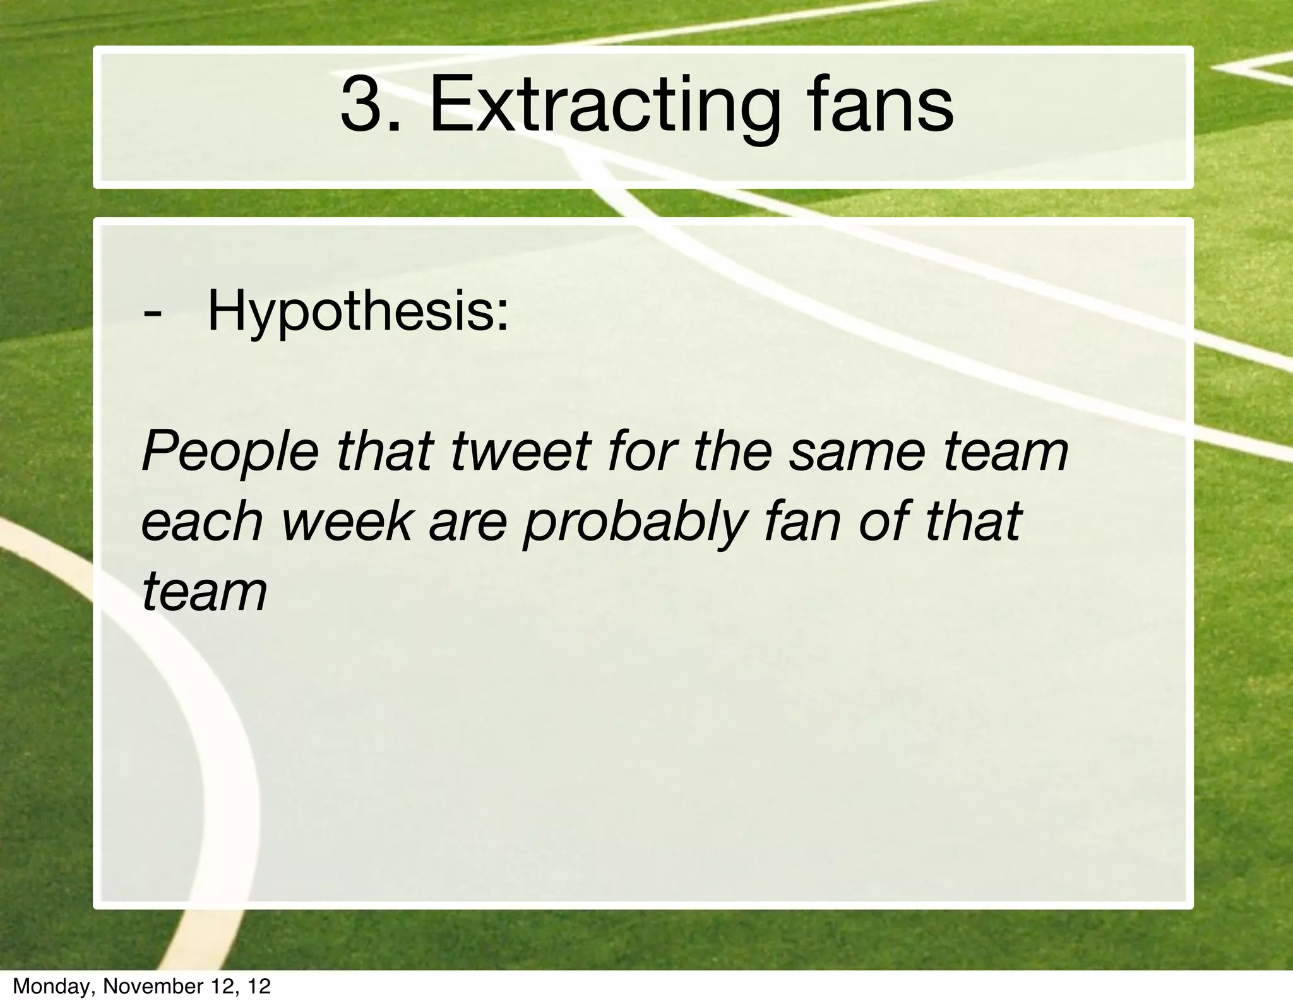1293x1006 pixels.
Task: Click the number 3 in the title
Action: tap(362, 105)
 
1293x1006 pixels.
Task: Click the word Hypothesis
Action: tap(357, 312)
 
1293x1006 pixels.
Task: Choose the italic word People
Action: tap(230, 452)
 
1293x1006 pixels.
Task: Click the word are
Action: tap(467, 523)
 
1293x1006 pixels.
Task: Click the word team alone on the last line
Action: tap(205, 593)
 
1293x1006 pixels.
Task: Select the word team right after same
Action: tap(1006, 452)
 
